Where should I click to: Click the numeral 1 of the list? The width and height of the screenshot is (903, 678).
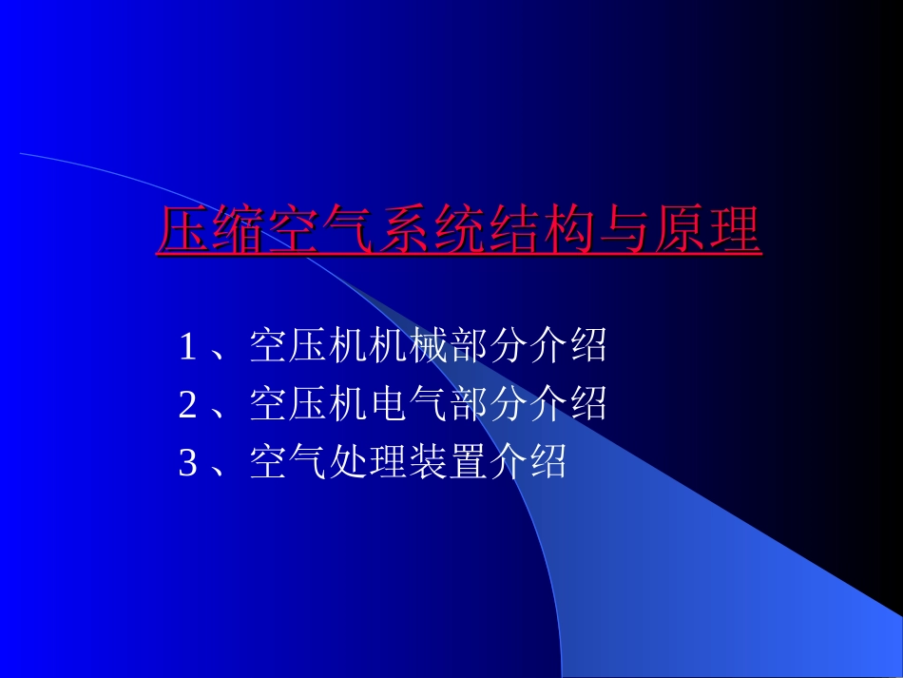click(187, 347)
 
